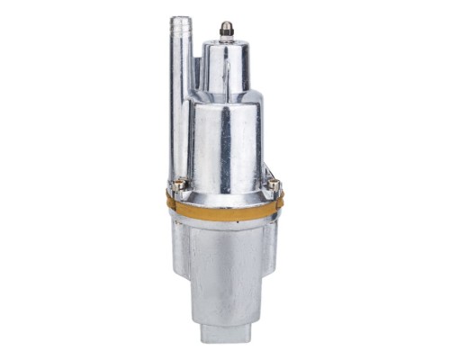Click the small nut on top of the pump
pos(226,30)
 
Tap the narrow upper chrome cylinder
pos(226,67)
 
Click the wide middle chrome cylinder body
pos(225,144)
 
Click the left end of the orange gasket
pos(170,202)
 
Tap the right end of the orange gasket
pos(280,202)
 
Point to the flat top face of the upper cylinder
pos(226,42)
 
